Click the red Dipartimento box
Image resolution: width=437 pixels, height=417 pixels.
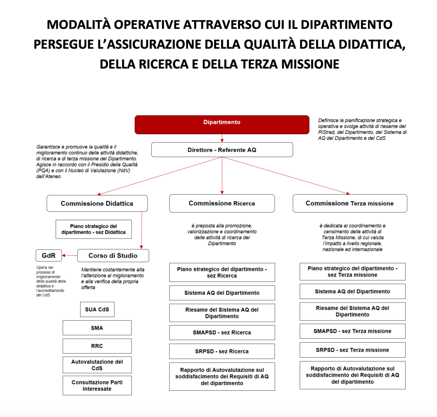click(222, 125)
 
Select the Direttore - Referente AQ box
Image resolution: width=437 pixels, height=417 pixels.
click(222, 150)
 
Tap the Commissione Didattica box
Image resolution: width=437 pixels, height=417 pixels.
click(97, 203)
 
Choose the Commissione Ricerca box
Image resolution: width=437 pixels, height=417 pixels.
click(222, 203)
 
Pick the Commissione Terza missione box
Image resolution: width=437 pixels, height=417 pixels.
click(350, 203)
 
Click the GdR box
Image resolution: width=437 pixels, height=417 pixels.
click(48, 256)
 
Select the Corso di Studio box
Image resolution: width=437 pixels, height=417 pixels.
click(113, 256)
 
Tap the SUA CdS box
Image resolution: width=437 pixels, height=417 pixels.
click(97, 309)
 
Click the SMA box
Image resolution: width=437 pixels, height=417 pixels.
click(97, 328)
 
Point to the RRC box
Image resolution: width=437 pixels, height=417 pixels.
click(97, 346)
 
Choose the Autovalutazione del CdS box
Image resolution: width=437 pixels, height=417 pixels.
click(97, 365)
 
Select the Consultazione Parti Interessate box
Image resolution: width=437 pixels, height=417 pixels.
click(97, 386)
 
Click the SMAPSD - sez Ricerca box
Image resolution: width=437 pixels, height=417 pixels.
click(222, 332)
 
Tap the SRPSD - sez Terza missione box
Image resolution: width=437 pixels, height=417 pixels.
click(352, 350)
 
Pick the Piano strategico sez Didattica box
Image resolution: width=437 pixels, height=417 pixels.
click(94, 229)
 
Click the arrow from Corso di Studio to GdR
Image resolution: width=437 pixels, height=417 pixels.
click(70, 256)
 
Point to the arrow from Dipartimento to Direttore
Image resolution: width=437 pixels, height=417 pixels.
click(222, 138)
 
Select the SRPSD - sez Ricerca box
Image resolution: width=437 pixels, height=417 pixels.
click(222, 351)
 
